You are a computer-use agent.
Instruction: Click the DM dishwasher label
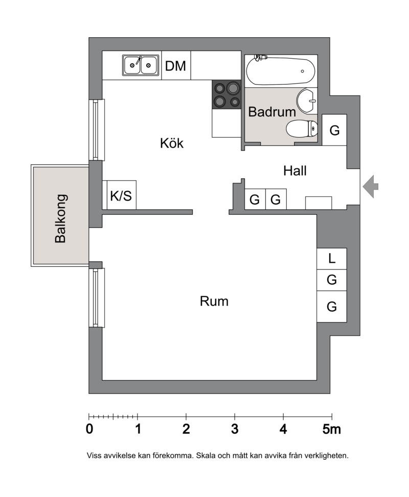(x=175, y=66)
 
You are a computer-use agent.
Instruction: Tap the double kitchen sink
(x=141, y=65)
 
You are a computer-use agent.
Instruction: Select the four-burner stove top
(x=226, y=94)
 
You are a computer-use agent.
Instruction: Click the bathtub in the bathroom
(x=281, y=71)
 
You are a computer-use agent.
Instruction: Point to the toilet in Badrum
(x=302, y=129)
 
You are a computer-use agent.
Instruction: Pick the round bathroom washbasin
(x=307, y=101)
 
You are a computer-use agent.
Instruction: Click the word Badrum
(x=272, y=112)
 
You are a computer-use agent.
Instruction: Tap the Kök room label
(x=172, y=143)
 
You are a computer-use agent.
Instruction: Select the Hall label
(x=295, y=171)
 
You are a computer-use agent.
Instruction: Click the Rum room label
(x=214, y=301)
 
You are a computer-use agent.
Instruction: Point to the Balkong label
(x=60, y=218)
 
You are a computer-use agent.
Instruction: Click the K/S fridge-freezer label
(x=121, y=196)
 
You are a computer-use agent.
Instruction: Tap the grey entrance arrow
(x=371, y=186)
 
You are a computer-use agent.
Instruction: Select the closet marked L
(x=332, y=259)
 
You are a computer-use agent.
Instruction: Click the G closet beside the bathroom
(x=334, y=130)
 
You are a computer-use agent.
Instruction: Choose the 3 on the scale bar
(x=235, y=429)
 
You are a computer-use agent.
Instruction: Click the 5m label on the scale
(x=332, y=429)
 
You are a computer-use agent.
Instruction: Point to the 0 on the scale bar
(x=89, y=429)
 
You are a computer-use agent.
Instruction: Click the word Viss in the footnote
(x=94, y=456)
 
